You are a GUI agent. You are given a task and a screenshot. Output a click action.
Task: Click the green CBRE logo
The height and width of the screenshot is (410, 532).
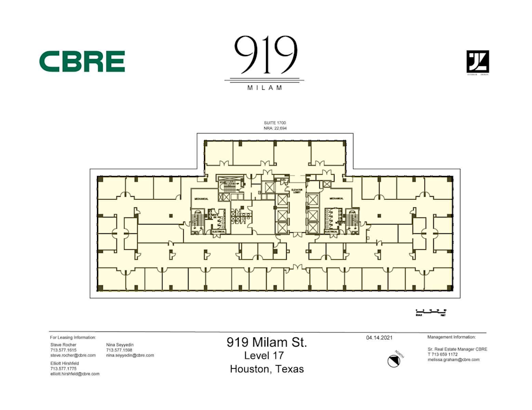pyautogui.click(x=82, y=61)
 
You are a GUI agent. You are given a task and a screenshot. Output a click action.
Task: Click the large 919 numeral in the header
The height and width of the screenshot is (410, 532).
pyautogui.click(x=265, y=54)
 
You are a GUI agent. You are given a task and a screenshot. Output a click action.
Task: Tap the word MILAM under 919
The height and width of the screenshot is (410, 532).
pyautogui.click(x=265, y=87)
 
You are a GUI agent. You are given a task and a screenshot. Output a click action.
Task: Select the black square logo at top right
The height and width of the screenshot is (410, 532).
pyautogui.click(x=478, y=61)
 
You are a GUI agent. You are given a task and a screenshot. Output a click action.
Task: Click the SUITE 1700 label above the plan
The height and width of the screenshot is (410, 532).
pyautogui.click(x=275, y=122)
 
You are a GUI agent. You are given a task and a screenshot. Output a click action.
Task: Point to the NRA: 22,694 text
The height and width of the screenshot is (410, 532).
pyautogui.click(x=275, y=128)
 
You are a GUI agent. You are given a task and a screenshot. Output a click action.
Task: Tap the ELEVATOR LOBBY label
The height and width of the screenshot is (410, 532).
pyautogui.click(x=297, y=191)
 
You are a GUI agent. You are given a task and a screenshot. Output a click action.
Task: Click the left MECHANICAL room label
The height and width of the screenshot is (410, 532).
pyautogui.click(x=202, y=200)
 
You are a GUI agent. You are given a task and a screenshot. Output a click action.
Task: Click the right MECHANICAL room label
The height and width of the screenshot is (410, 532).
pyautogui.click(x=337, y=199)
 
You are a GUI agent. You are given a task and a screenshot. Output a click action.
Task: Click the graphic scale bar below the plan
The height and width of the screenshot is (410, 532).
pyautogui.click(x=431, y=311)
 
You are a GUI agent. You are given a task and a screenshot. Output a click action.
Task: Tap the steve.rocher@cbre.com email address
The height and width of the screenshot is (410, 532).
pyautogui.click(x=73, y=356)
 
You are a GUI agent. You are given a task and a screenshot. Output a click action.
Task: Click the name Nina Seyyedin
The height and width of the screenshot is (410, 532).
pyautogui.click(x=120, y=344)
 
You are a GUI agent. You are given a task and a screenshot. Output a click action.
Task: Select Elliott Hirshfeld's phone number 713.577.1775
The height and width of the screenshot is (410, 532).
pyautogui.click(x=63, y=369)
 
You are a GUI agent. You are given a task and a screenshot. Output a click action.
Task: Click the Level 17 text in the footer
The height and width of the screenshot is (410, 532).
pyautogui.click(x=264, y=356)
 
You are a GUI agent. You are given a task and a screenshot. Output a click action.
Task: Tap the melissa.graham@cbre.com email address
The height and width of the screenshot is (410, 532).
pyautogui.click(x=453, y=359)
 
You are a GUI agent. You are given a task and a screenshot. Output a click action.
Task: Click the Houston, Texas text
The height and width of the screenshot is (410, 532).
pyautogui.click(x=267, y=369)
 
